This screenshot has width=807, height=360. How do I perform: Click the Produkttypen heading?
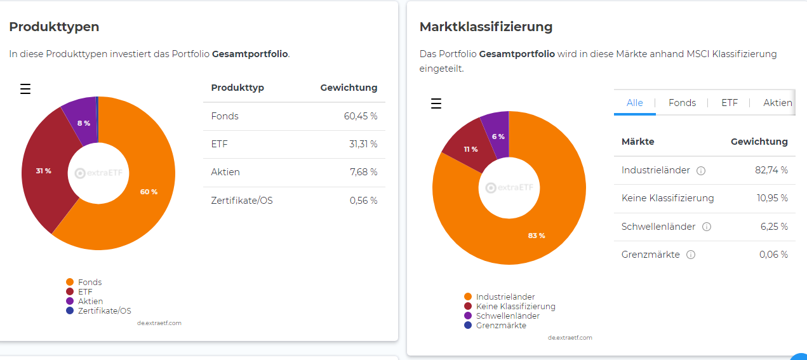click(54, 27)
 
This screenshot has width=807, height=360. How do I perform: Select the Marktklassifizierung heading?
click(486, 27)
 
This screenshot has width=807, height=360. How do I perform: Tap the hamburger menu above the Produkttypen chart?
click(25, 89)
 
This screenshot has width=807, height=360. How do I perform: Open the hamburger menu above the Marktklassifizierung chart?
click(436, 103)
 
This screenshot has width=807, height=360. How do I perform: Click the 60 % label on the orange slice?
click(149, 192)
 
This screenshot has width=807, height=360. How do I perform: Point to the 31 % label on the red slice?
click(43, 171)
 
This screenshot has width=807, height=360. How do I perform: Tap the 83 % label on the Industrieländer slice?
click(537, 236)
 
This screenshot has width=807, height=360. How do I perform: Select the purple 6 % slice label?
click(498, 137)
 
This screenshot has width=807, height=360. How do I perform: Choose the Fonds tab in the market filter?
click(682, 103)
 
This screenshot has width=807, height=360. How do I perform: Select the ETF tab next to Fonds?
click(730, 103)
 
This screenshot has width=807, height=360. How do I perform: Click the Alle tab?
click(634, 103)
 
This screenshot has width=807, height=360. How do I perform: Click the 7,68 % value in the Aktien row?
click(363, 172)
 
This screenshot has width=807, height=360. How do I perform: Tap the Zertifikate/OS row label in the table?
click(242, 201)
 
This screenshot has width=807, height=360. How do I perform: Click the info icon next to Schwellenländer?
click(707, 227)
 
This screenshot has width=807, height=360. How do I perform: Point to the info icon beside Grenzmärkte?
click(691, 255)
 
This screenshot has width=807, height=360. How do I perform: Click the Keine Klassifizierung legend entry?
click(515, 306)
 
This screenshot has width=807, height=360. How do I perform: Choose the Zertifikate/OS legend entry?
click(104, 310)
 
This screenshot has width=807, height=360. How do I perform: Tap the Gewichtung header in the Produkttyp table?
click(349, 88)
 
